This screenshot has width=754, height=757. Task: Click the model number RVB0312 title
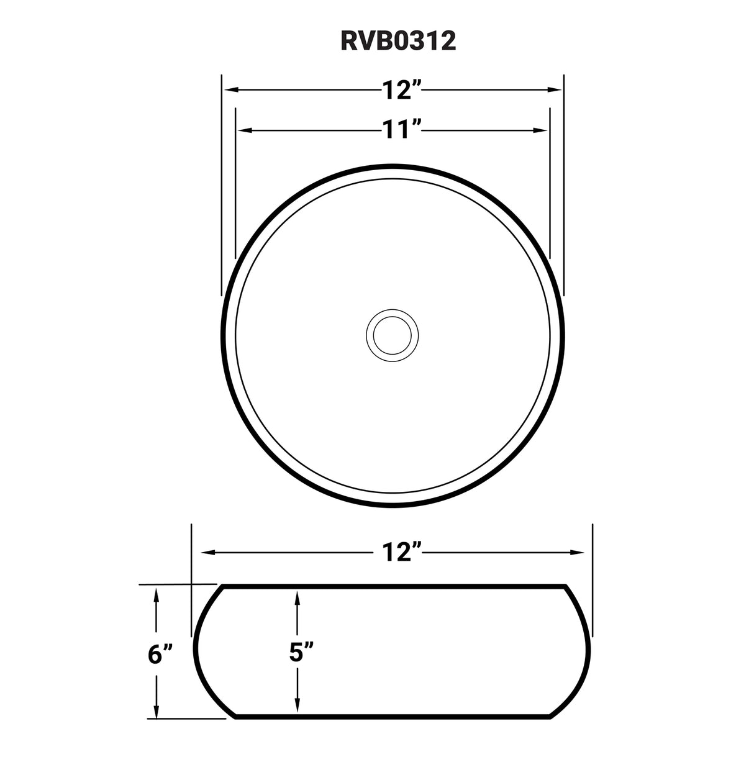[397, 40]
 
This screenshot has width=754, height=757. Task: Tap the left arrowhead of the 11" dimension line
[243, 130]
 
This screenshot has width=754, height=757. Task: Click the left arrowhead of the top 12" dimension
[230, 91]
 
